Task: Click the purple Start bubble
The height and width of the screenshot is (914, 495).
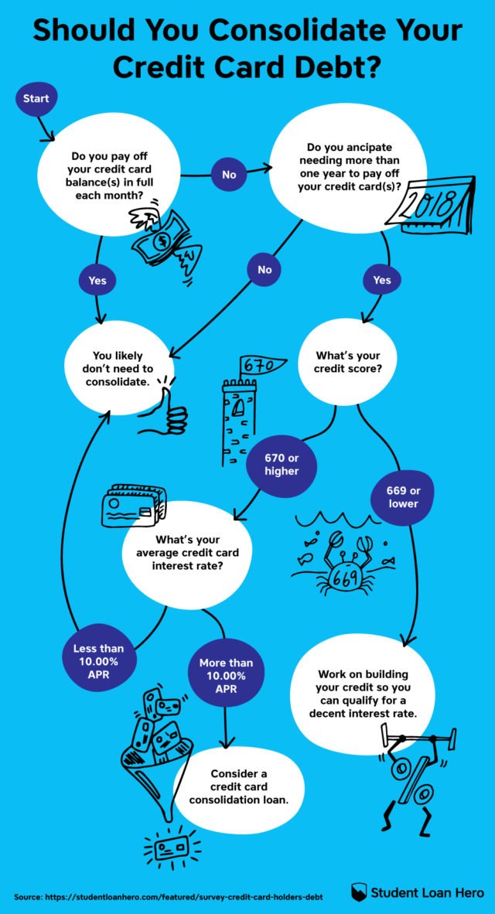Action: pyautogui.click(x=36, y=99)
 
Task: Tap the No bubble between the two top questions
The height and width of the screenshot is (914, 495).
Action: pyautogui.click(x=229, y=175)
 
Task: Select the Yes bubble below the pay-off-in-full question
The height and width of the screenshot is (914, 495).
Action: pyautogui.click(x=97, y=280)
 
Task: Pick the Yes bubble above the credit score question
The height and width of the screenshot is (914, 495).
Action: pyautogui.click(x=382, y=280)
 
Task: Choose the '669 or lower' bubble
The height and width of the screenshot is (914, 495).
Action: pyautogui.click(x=403, y=496)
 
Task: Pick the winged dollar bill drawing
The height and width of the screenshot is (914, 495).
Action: pyautogui.click(x=164, y=241)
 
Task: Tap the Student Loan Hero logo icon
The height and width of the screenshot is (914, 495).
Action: pyautogui.click(x=358, y=892)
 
